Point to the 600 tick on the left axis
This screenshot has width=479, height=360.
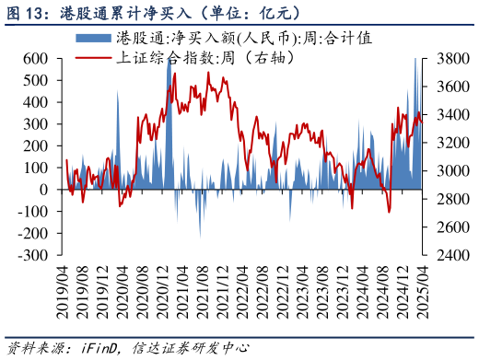click(x=36, y=58)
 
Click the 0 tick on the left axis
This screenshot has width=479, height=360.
click(x=44, y=190)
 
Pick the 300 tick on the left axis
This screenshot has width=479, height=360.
click(x=36, y=123)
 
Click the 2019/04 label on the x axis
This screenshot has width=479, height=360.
click(x=63, y=290)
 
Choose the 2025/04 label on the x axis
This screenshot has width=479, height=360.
click(x=422, y=290)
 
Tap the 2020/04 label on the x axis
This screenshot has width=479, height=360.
click(x=123, y=290)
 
